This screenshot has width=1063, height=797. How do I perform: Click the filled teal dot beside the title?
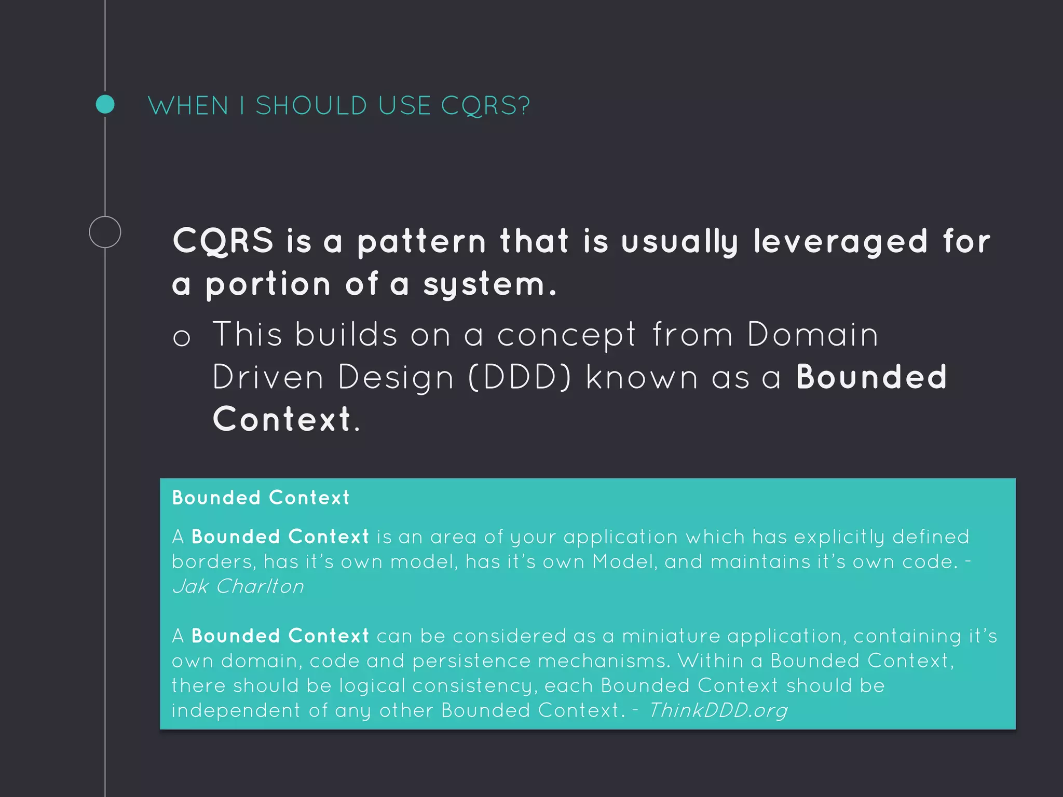(105, 104)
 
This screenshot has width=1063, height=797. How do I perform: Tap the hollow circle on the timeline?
(105, 232)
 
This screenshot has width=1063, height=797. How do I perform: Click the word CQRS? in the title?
(485, 106)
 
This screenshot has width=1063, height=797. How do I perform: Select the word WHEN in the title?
(188, 106)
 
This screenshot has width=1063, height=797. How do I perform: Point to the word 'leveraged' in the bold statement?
(840, 242)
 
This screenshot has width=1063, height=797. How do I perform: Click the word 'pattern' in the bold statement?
(421, 242)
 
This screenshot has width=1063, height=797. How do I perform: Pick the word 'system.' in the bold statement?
(490, 284)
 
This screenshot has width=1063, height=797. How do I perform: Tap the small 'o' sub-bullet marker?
(182, 338)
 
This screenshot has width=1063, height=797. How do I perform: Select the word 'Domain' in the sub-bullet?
(813, 334)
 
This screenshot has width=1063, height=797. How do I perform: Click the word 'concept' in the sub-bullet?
(566, 335)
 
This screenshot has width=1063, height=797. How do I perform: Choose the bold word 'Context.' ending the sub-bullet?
(286, 419)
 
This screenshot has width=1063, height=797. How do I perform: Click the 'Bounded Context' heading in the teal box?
(261, 498)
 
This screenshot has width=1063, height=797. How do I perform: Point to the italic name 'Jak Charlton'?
(238, 586)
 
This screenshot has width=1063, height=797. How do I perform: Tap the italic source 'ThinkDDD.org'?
(718, 710)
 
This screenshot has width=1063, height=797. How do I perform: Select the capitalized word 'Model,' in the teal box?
(625, 562)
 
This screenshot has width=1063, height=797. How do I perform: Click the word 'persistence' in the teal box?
(472, 661)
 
